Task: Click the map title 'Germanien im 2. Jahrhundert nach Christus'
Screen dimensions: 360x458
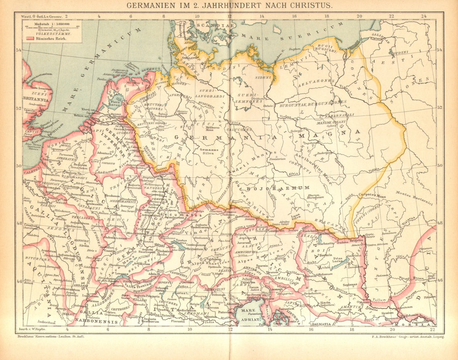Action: click(x=229, y=5)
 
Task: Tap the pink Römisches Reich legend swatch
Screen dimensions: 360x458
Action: click(x=29, y=39)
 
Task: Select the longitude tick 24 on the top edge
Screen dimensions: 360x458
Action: click(x=423, y=16)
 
